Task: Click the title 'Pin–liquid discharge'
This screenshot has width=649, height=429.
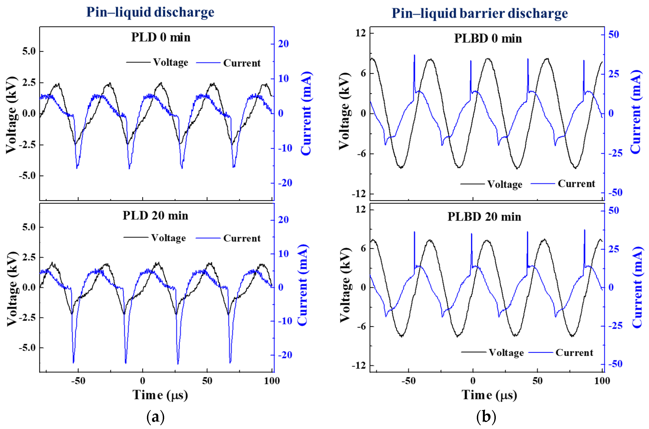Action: point(150,12)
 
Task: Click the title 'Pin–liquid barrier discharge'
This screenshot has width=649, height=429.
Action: point(479,13)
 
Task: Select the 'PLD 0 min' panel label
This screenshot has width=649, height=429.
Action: point(161,37)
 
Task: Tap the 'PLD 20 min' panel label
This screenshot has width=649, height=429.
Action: point(155,216)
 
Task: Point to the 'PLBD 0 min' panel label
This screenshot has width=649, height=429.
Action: point(488,38)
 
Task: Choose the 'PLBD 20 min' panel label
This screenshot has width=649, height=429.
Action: point(484,217)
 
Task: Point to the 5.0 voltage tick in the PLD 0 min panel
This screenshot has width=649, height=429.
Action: point(29,51)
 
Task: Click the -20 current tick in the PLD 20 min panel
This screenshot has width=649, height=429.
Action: point(285,355)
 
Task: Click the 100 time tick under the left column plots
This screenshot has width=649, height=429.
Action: point(272,381)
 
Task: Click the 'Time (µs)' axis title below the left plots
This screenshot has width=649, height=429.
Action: point(160,395)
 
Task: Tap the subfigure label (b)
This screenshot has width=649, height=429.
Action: point(486,417)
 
